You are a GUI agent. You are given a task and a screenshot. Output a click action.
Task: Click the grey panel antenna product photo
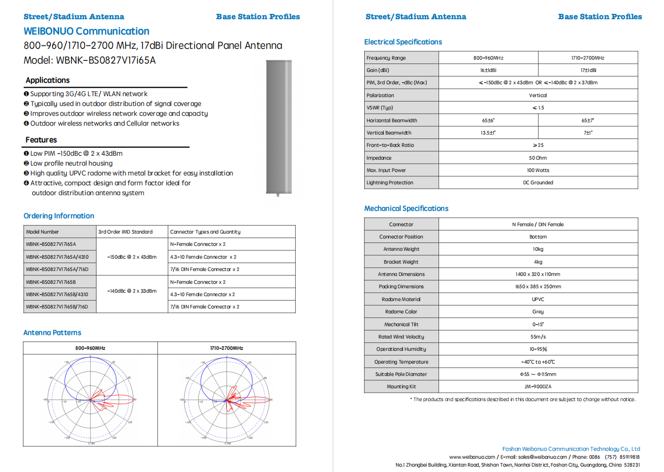[279, 127]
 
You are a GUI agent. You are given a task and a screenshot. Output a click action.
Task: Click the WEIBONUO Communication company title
[86, 31]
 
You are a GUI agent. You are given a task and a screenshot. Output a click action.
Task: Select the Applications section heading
[48, 80]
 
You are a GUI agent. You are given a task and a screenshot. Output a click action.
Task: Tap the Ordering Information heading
[59, 216]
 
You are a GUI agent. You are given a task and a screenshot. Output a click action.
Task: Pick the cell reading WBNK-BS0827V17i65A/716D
[57, 270]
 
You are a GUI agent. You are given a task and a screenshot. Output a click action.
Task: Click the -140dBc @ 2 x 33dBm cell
[132, 291]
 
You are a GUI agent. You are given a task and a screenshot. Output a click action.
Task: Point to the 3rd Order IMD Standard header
[126, 232]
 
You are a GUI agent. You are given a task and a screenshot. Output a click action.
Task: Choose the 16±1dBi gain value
[488, 70]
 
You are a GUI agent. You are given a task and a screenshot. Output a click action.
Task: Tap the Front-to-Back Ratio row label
[390, 145]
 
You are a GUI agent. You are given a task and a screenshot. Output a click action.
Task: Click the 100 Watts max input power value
[538, 170]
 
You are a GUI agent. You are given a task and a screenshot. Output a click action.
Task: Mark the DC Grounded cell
[538, 183]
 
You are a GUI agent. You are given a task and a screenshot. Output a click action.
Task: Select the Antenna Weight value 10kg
[538, 249]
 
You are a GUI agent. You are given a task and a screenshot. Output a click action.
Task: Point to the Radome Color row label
[401, 312]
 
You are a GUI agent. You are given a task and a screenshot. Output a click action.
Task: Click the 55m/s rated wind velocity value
[538, 337]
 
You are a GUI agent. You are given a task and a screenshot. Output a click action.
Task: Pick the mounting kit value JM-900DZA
[538, 387]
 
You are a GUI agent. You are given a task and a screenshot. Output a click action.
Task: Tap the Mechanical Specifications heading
[406, 208]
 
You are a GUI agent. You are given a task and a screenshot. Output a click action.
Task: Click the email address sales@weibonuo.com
[542, 457]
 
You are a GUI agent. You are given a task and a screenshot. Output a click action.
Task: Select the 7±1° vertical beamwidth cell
[588, 133]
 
